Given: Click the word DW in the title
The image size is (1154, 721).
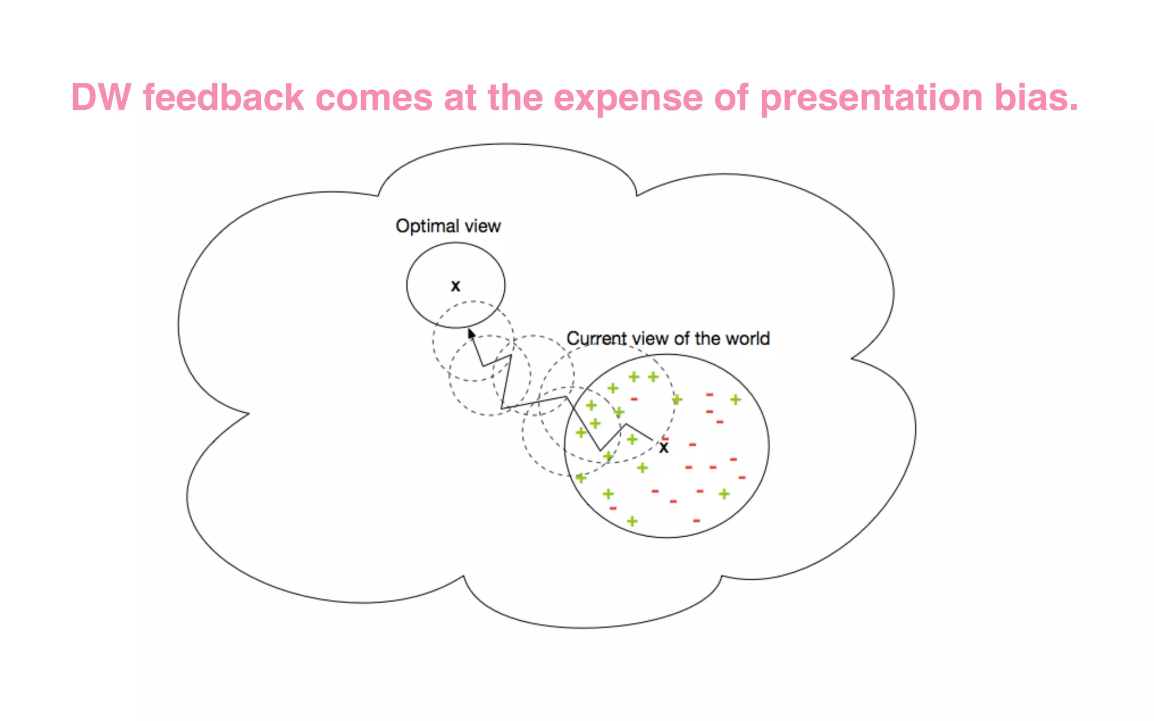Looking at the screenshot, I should point(101,97).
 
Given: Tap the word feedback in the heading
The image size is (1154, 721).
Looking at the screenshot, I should point(223,97).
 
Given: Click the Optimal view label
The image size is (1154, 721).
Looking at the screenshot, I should point(448,226).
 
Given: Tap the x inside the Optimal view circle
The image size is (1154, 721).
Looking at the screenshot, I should point(455,286).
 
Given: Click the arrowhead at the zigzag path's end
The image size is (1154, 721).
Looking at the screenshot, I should point(471,333).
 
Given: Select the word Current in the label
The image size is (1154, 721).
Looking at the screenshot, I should point(596,339).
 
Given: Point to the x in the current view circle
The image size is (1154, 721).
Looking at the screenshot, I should point(664,448).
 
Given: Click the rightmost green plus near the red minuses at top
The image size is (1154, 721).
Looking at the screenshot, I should point(735,399).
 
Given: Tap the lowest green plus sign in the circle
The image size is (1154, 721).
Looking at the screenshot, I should point(632,521).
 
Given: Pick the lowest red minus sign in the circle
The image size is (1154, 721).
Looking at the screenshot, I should point(696,520).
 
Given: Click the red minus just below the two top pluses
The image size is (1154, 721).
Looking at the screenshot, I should point(634,399).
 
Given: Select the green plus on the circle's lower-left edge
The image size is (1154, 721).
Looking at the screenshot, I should point(581,478).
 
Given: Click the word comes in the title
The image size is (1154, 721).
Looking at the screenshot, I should point(374,97).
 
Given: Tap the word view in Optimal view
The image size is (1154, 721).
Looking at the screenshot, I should point(482,226).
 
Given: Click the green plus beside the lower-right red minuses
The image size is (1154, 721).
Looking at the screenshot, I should point(724,494).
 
